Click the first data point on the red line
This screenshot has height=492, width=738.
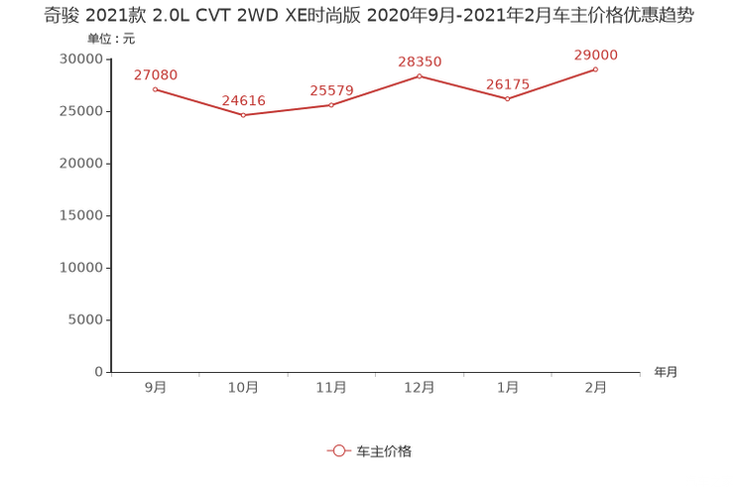pos(155,89)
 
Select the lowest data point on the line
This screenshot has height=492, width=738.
pos(243,115)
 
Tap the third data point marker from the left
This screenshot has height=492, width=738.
pos(331,104)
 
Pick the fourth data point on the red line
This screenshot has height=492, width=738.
pos(420,75)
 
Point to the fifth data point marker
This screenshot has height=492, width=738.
pos(508,98)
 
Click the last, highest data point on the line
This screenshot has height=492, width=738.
pos(596,68)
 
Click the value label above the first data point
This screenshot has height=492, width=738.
pos(155,74)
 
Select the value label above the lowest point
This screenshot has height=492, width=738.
pos(243,99)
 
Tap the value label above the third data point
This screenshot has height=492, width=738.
pos(331,89)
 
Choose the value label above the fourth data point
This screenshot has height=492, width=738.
pos(420,61)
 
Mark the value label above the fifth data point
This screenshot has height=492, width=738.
pos(508,83)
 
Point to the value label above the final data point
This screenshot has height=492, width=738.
pos(596,54)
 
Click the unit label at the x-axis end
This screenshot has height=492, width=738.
pos(666,373)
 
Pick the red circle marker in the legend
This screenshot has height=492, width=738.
pos(339,450)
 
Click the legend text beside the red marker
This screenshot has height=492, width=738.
pos(383,450)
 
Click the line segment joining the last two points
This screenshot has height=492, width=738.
pos(553,83)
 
